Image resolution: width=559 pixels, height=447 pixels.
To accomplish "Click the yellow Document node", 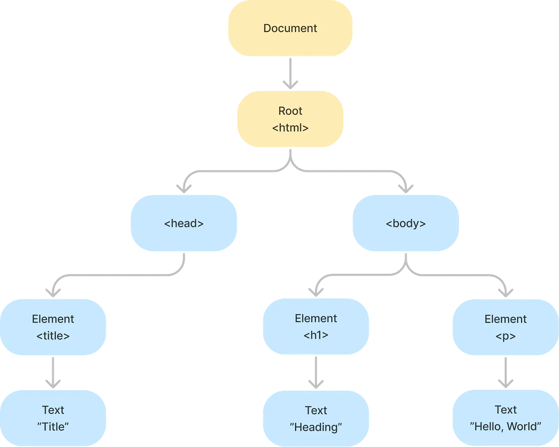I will [290, 28].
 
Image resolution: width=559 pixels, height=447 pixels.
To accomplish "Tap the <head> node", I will [184, 223].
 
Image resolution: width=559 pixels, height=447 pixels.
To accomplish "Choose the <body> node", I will [405, 223].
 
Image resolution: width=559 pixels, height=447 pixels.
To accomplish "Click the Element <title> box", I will [53, 327].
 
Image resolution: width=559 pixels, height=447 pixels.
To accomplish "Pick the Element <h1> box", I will [316, 327].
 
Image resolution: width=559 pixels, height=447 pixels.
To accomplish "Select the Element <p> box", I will [505, 327].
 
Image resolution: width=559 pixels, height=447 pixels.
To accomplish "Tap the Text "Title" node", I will [53, 418].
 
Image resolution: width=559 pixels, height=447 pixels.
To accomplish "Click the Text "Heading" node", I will [316, 419].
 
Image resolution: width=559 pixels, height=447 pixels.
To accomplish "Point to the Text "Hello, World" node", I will [505, 418].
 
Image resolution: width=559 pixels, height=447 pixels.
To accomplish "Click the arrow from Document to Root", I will [290, 73].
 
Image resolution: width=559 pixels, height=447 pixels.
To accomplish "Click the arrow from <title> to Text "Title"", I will [53, 373].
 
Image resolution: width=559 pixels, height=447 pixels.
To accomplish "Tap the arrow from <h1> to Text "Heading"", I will [316, 373].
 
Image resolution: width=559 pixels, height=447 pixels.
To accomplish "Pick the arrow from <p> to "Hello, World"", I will [505, 373].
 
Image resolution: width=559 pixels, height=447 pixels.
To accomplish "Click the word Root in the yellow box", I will [290, 111].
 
